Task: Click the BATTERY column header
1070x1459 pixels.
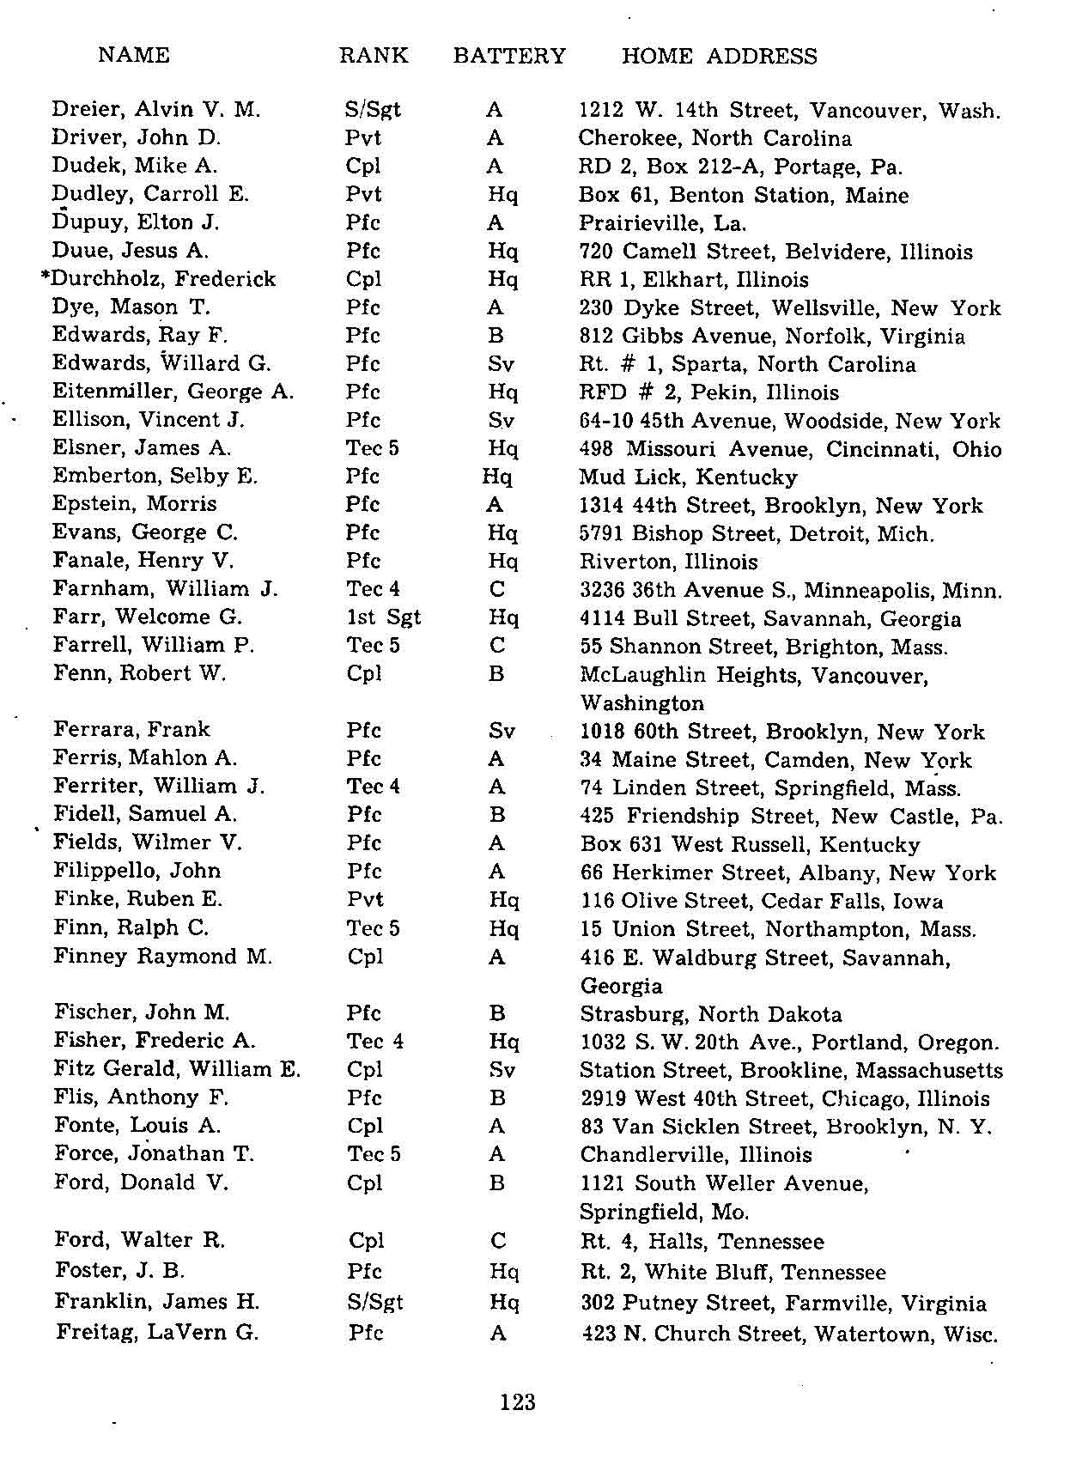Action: pos(509,57)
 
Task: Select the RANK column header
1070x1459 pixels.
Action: pos(373,57)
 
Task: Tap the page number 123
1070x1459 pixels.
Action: pos(518,1402)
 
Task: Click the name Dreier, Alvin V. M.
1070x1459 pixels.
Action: pos(155,110)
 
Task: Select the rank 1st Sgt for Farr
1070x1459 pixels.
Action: pos(383,617)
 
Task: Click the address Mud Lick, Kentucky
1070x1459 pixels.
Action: pos(688,477)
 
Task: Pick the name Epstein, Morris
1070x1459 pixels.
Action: pos(134,504)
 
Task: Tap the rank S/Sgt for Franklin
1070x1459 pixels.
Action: pos(375,1302)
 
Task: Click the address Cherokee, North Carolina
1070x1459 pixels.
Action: pos(714,138)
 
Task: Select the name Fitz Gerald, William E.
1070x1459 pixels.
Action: pos(177,1069)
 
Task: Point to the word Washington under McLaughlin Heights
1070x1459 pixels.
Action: pos(641,703)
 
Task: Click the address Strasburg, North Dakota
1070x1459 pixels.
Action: pos(710,1014)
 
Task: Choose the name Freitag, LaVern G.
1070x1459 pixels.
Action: pos(157,1333)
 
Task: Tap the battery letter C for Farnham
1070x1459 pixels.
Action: pos(496,589)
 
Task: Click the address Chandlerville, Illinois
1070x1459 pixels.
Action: pos(696,1155)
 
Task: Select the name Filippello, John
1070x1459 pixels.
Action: pos(137,871)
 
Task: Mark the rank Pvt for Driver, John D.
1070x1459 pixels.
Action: pos(363,138)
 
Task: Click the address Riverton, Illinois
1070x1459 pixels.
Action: pos(668,562)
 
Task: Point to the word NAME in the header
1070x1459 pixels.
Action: pos(134,56)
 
